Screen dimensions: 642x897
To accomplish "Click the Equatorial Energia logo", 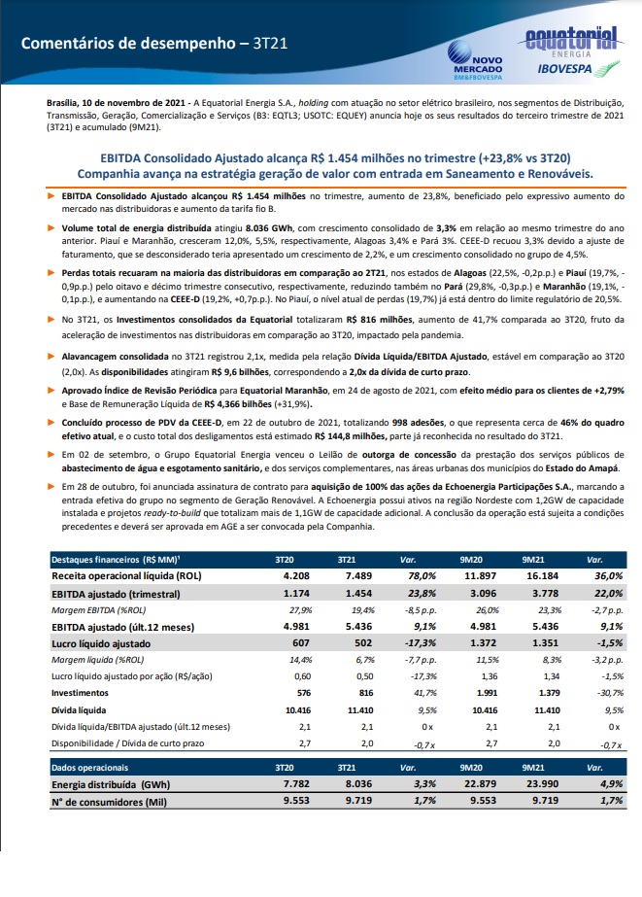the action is click(x=571, y=41).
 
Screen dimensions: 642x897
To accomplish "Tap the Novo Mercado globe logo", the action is click(x=459, y=52).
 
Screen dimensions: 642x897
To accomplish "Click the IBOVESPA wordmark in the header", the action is click(x=557, y=69).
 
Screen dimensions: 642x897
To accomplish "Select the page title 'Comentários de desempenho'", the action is click(x=128, y=44).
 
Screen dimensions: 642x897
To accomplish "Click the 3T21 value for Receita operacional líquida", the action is click(x=358, y=576).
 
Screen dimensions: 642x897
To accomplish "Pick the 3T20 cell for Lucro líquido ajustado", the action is click(x=301, y=643).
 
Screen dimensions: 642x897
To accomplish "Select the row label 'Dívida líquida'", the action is click(x=79, y=710).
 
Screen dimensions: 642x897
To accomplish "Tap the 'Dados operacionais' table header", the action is click(x=89, y=768).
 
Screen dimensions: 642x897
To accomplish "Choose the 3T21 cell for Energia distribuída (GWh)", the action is click(x=358, y=783).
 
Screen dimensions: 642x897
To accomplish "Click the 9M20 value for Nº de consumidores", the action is click(x=483, y=801).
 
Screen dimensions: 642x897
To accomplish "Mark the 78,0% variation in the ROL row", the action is click(x=422, y=576).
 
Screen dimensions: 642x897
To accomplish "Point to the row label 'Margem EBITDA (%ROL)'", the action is click(x=99, y=610).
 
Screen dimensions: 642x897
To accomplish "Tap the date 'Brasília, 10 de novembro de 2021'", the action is click(x=116, y=103).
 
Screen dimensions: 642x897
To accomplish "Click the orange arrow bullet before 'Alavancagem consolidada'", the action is click(x=51, y=356).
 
